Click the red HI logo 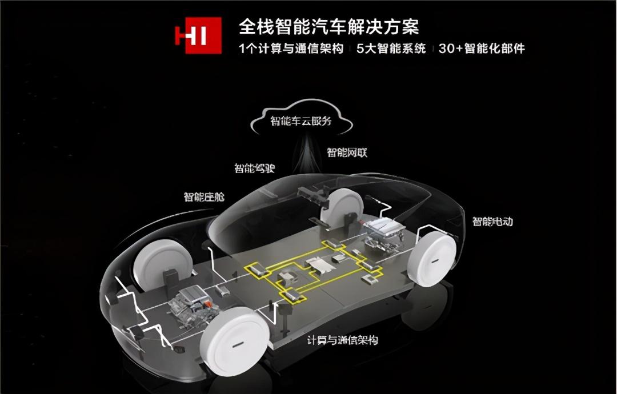[x=198, y=35]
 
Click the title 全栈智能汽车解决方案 [x=329, y=27]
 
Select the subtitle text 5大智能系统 [x=391, y=49]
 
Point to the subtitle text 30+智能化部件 [x=482, y=49]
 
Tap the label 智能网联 [x=347, y=152]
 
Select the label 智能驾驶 [x=255, y=168]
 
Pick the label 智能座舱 [x=204, y=196]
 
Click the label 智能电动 [x=492, y=222]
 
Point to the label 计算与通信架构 [x=342, y=340]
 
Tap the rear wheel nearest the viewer [x=432, y=258]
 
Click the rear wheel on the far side [x=342, y=208]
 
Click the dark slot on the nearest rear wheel [x=437, y=261]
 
